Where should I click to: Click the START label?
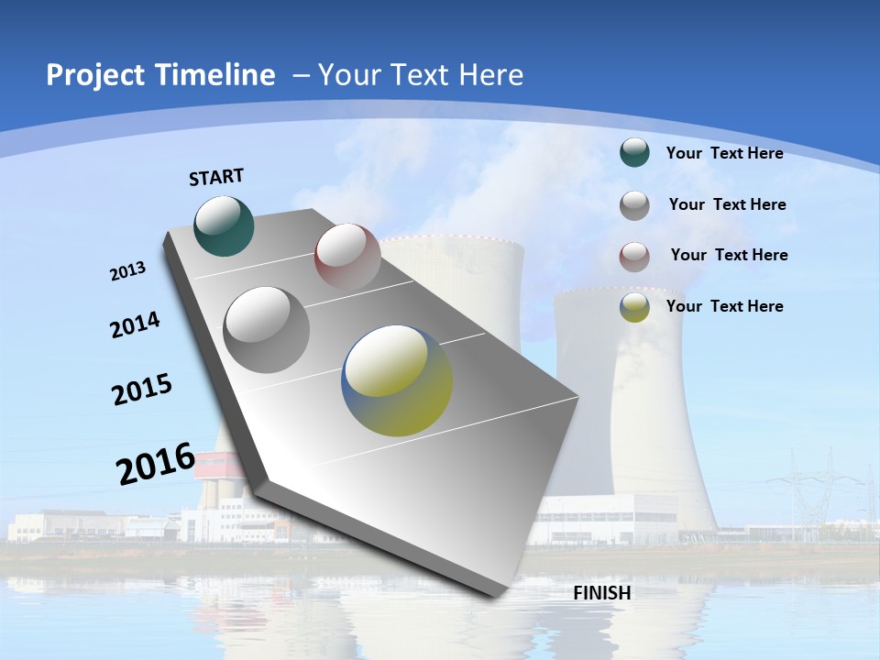click(216, 176)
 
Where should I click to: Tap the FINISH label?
click(602, 593)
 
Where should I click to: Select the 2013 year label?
click(127, 271)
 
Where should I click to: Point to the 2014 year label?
click(135, 325)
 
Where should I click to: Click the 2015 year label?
click(142, 390)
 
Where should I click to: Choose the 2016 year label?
click(156, 463)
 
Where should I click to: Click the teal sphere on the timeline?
click(224, 225)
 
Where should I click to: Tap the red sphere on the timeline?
click(347, 256)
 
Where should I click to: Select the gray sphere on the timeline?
click(266, 329)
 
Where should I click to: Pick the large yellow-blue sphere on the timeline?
click(397, 380)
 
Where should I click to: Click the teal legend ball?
click(634, 152)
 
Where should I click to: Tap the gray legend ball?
click(634, 205)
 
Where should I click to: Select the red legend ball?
click(634, 257)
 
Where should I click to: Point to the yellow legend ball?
click(634, 308)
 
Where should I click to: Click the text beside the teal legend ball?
click(724, 154)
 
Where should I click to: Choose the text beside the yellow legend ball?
click(724, 306)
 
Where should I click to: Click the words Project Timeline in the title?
click(160, 75)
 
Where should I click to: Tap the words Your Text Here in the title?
click(420, 75)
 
